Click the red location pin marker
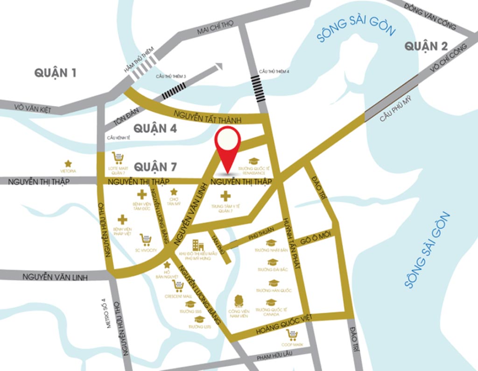pyautogui.click(x=227, y=143)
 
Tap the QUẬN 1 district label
pyautogui.click(x=56, y=73)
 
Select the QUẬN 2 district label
pyautogui.click(x=426, y=46)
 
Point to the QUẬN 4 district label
pyautogui.click(x=155, y=128)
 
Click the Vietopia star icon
pyautogui.click(x=68, y=164)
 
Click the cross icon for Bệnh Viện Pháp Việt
pyautogui.click(x=122, y=219)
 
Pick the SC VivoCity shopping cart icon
pyautogui.click(x=146, y=240)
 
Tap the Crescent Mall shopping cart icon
pyautogui.click(x=178, y=285)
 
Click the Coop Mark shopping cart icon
pyautogui.click(x=292, y=335)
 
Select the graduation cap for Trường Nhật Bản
pyautogui.click(x=271, y=243)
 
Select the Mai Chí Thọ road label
pyautogui.click(x=214, y=29)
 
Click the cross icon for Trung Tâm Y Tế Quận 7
pyautogui.click(x=225, y=196)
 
